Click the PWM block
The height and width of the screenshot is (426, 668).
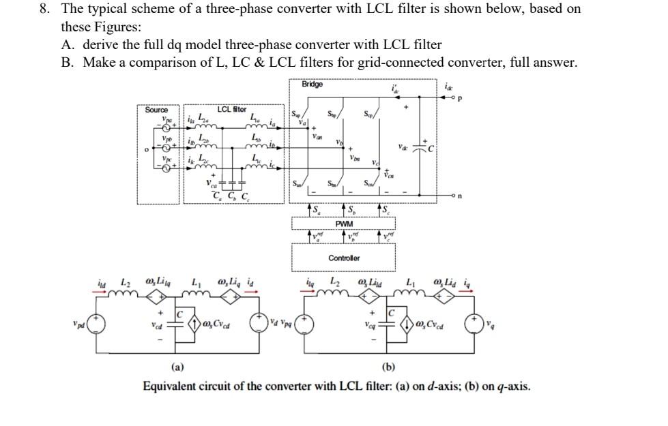(x=344, y=223)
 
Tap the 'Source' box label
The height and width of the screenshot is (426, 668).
(x=156, y=110)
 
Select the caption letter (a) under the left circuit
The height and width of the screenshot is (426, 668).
(x=177, y=367)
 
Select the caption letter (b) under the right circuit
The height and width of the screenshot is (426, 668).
(x=389, y=367)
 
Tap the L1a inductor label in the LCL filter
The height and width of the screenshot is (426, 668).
(x=255, y=116)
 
